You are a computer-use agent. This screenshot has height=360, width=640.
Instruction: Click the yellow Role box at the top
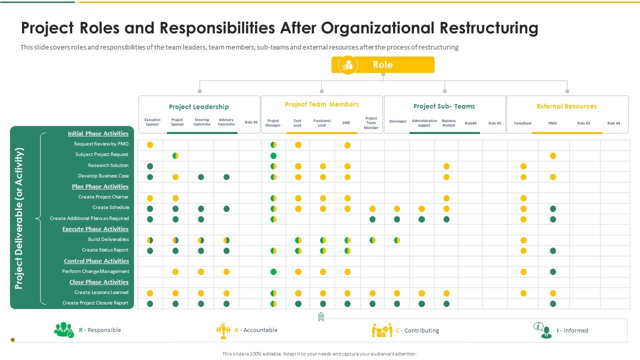382,65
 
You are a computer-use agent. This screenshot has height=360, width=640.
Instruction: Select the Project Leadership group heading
198,106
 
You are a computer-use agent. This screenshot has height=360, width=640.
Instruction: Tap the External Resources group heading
566,106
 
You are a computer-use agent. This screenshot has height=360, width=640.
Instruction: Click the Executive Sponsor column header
152,122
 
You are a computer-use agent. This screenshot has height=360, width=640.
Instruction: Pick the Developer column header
398,121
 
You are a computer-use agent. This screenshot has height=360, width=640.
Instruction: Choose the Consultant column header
522,123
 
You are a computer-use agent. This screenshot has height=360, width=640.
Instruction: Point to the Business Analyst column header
448,123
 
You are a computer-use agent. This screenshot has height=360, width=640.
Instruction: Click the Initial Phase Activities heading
98,133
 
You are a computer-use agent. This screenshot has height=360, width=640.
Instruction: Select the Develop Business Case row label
103,176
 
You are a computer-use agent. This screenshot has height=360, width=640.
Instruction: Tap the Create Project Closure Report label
95,303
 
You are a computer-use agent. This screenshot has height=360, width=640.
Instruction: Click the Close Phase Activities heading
98,282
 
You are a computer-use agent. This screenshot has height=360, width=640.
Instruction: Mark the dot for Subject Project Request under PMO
553,156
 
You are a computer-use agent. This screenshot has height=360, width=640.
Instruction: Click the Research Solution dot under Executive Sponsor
150,166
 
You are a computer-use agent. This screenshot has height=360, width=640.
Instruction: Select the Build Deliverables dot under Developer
397,240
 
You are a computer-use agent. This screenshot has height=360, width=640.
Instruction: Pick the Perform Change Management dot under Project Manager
273,272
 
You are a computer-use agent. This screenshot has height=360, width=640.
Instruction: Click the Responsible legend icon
64,330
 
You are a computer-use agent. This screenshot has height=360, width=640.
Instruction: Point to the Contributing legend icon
382,330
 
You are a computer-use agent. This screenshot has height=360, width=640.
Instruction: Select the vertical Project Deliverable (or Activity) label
19,218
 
